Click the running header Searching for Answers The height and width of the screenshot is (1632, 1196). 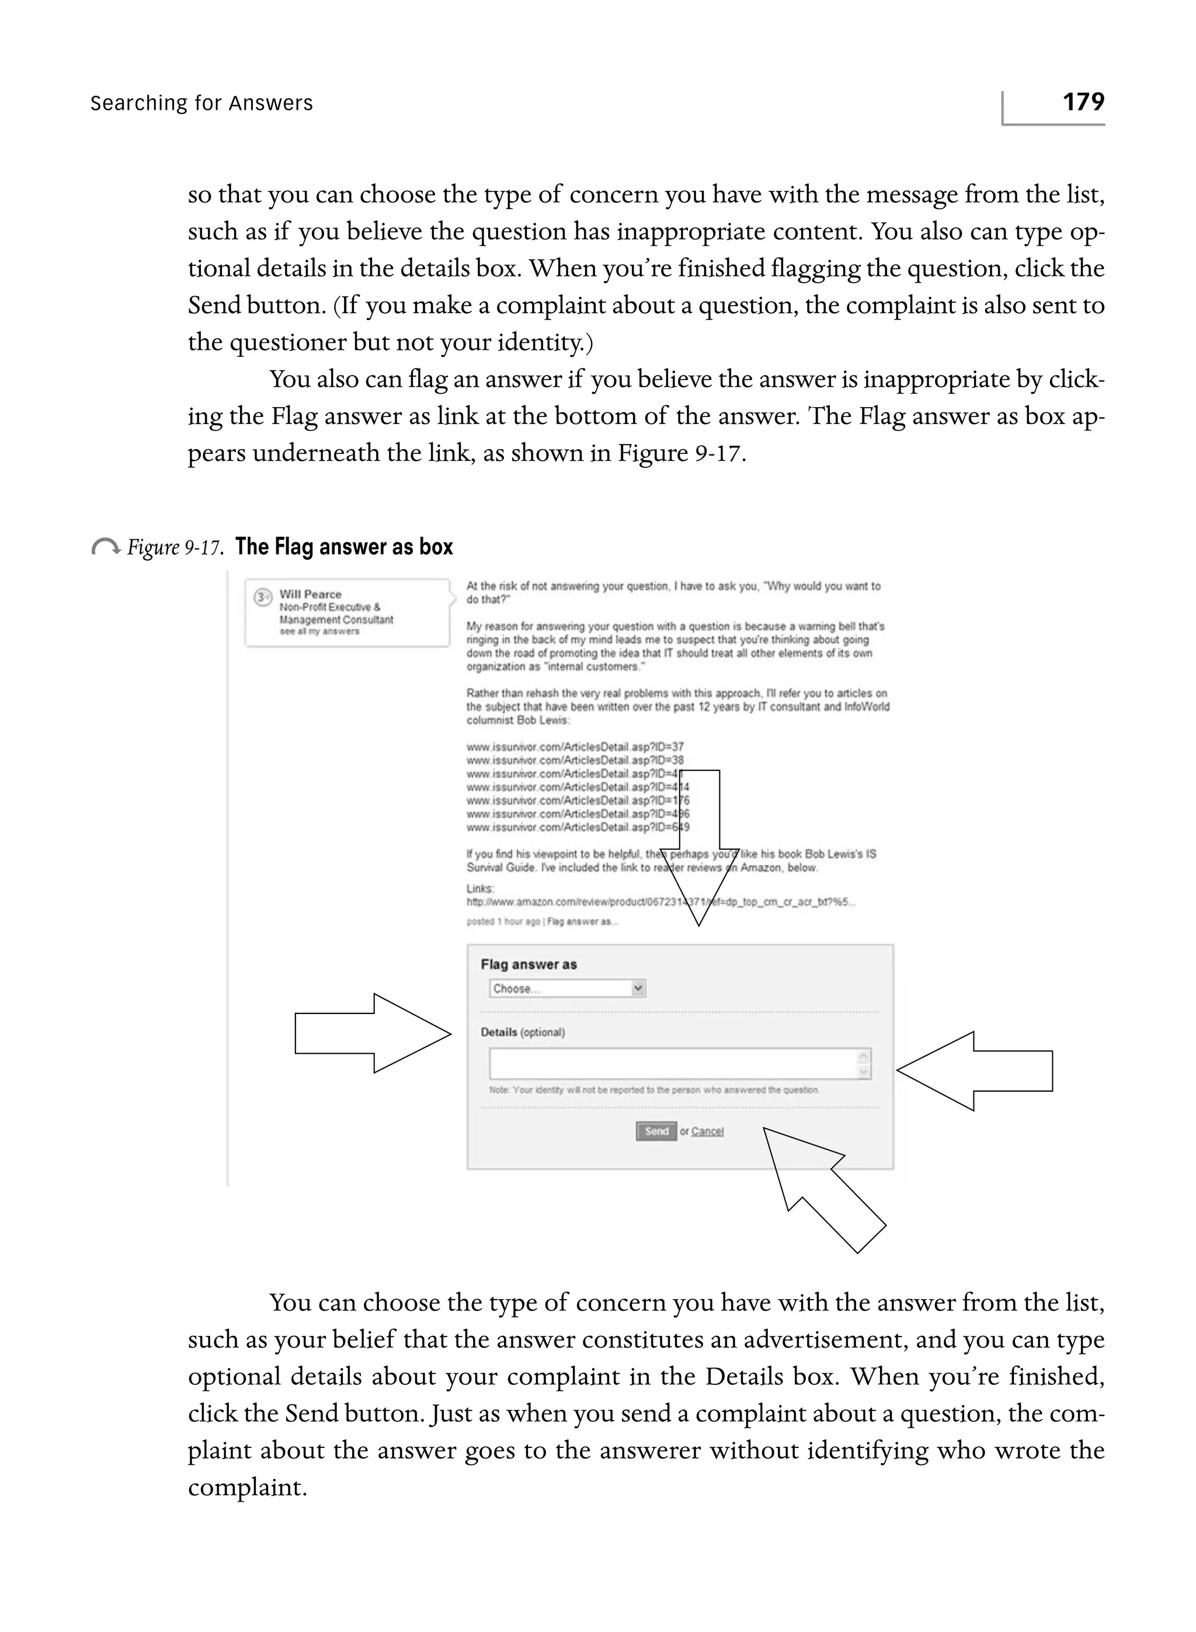[x=201, y=103]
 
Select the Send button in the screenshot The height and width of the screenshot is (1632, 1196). [x=656, y=1131]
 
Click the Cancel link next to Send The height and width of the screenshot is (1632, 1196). [x=707, y=1131]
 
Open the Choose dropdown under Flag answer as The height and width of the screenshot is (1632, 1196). [x=567, y=988]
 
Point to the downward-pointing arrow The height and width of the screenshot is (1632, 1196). [x=700, y=847]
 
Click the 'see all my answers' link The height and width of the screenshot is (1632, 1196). [x=319, y=631]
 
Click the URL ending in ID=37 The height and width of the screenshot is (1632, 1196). [x=575, y=746]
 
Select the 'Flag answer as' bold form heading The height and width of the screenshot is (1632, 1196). [x=529, y=964]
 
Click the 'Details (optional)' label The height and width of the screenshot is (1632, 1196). [x=523, y=1033]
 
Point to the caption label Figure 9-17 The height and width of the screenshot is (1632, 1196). [x=174, y=547]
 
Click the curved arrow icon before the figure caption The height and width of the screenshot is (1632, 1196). [x=106, y=547]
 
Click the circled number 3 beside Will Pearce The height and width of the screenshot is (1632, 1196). [x=262, y=598]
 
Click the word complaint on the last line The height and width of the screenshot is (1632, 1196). [x=248, y=1487]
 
